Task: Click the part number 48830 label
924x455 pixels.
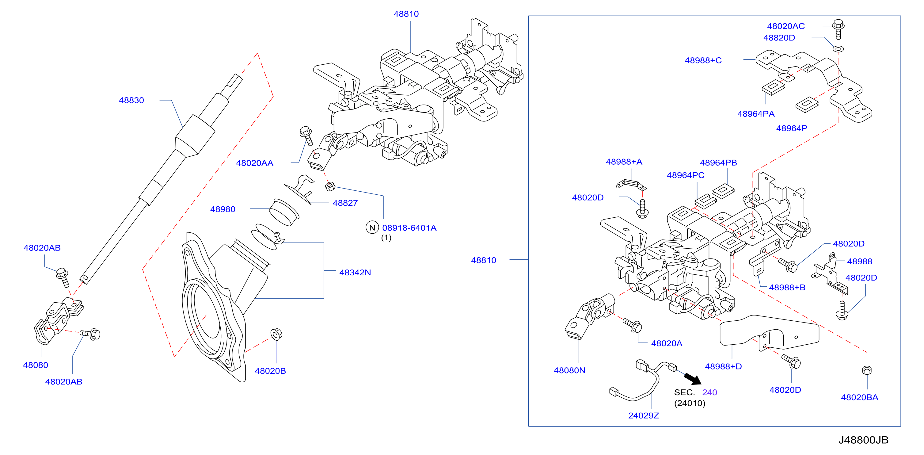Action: (131, 101)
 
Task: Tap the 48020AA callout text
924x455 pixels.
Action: (255, 163)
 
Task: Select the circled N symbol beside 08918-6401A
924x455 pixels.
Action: (372, 227)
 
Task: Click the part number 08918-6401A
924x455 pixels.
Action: (409, 228)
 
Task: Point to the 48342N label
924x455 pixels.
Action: (355, 273)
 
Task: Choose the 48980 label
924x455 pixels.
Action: (223, 209)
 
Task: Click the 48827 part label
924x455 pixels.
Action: (345, 203)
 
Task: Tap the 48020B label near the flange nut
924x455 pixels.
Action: (270, 371)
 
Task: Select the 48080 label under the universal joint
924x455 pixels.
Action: (36, 365)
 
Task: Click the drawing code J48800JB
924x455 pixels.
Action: (863, 440)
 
